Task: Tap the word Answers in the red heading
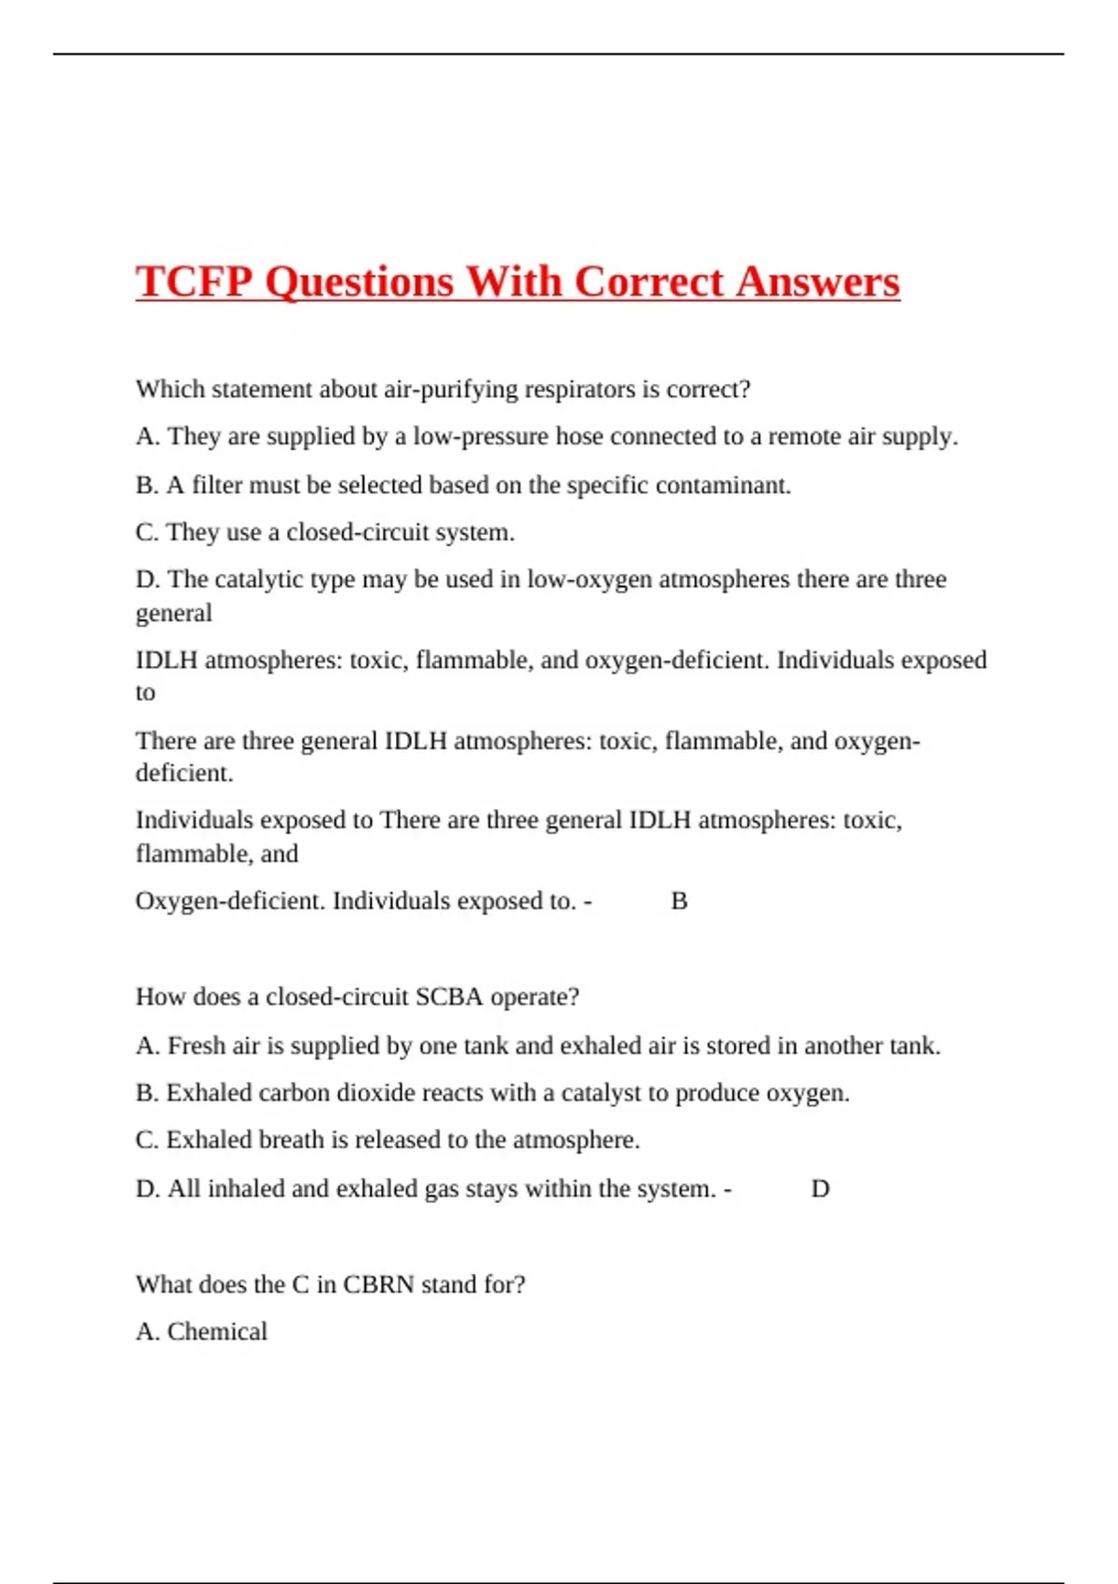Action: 817,281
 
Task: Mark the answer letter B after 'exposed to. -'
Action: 679,901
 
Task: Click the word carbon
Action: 293,1093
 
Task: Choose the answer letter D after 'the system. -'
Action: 820,1189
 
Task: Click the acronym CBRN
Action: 378,1285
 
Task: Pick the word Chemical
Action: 217,1331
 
